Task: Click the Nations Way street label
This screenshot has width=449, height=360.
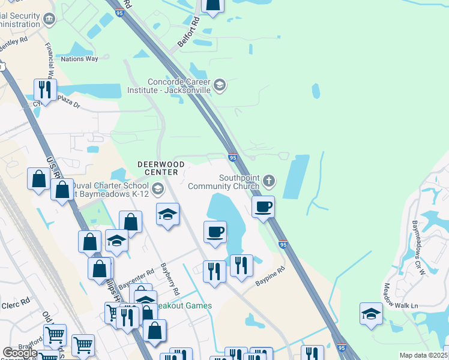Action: (79, 59)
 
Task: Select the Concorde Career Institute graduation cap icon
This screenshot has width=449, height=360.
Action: (220, 85)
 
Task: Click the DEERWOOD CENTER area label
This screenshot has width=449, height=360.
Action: (158, 168)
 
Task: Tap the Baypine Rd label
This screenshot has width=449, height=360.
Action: (268, 278)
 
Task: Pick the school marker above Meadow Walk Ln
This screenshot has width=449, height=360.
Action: (371, 314)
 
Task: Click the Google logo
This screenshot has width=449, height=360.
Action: (20, 353)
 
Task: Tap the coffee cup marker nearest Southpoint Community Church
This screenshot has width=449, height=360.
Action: (263, 207)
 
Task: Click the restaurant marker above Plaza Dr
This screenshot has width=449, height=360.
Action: (45, 90)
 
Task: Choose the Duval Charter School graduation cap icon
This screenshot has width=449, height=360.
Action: (157, 190)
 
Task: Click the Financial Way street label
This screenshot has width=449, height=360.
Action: (52, 66)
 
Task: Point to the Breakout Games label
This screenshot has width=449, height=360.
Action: (184, 305)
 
